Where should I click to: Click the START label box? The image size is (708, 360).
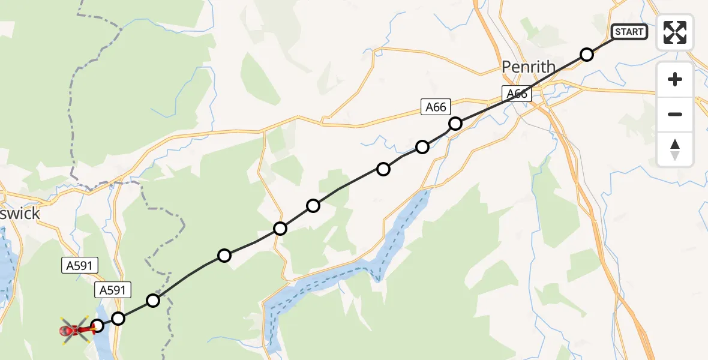[x=629, y=32]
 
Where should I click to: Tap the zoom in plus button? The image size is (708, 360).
[x=675, y=79]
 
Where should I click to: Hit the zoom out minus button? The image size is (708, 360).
[x=675, y=114]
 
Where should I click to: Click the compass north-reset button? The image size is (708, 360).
[x=675, y=149]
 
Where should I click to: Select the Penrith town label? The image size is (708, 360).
[x=529, y=67]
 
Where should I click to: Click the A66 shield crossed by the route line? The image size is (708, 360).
[x=517, y=94]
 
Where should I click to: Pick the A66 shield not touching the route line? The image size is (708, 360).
[x=436, y=107]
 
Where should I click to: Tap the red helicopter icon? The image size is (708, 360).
[x=75, y=329]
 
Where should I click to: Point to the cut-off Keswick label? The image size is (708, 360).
[x=20, y=213]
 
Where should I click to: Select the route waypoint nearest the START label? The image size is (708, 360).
[x=587, y=55]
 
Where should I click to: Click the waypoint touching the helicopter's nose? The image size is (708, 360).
[x=97, y=326]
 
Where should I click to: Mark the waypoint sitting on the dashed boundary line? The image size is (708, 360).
[x=154, y=300]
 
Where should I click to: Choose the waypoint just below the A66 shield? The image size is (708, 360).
[x=455, y=124]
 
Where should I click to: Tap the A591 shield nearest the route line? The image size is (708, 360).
[x=113, y=291]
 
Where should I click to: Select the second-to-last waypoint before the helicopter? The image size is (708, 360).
[x=118, y=318]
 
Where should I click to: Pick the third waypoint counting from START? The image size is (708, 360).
[x=422, y=146]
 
